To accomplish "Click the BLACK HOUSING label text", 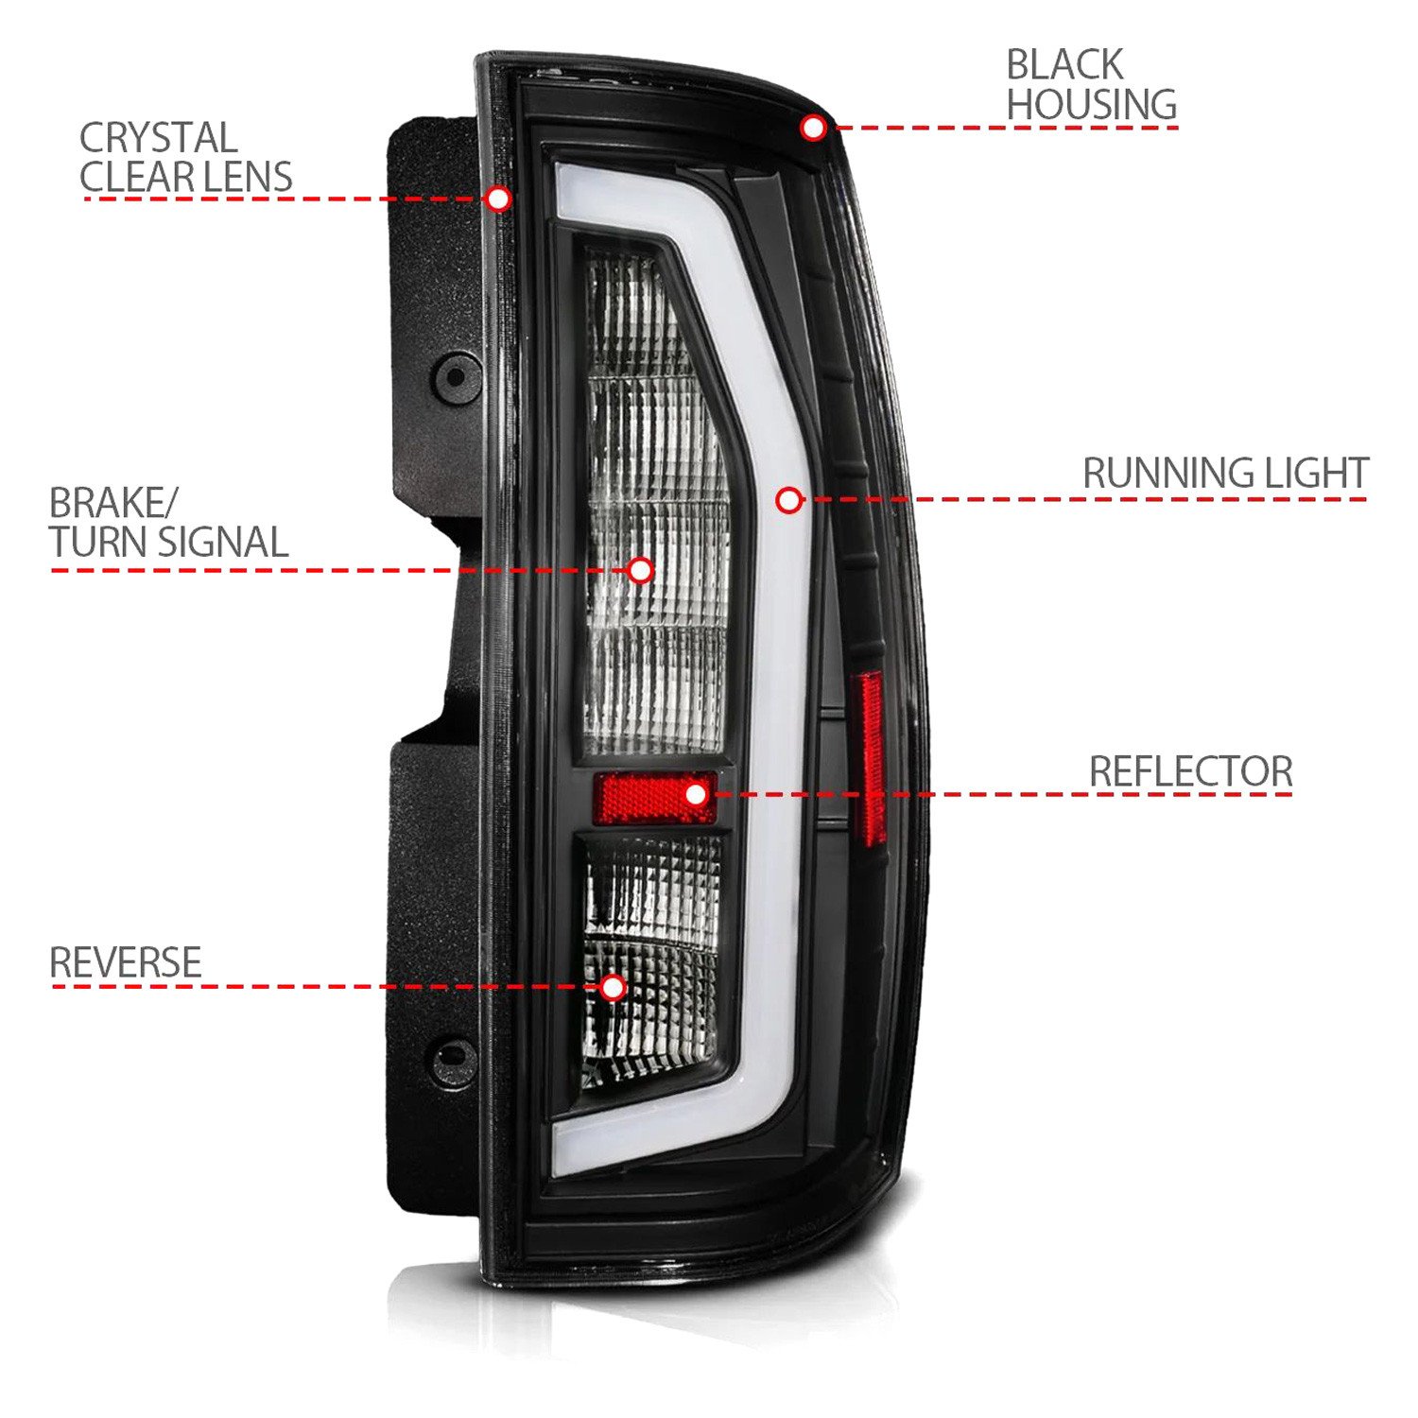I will [1091, 84].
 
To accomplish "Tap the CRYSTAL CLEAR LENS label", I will [185, 158].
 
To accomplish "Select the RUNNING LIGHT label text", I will [1225, 473].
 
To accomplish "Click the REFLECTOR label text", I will [1190, 771].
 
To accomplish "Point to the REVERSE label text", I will [125, 962].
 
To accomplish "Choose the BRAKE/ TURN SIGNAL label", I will [168, 523].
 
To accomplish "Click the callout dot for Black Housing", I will [813, 127].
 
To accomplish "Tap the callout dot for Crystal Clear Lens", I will [498, 199].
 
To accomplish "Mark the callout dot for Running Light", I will [789, 499].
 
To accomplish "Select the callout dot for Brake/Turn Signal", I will [641, 570].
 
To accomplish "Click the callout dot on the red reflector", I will [696, 794].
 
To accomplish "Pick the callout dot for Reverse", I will [614, 988].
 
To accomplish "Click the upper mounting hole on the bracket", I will [456, 377].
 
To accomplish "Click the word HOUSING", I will [1091, 104].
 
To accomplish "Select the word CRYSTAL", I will [158, 138].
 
